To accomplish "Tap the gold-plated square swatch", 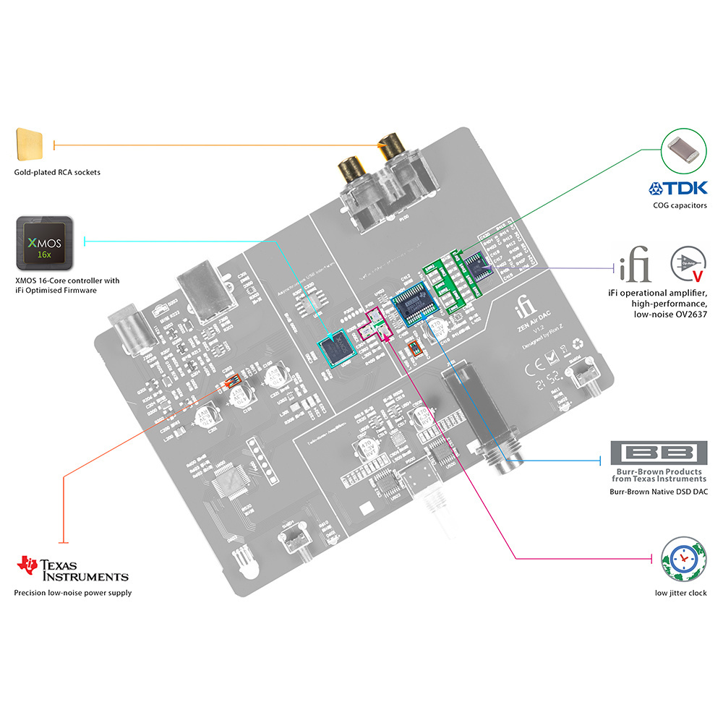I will pyautogui.click(x=29, y=145).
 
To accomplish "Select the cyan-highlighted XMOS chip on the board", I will pyautogui.click(x=336, y=350).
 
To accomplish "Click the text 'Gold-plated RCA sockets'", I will pyautogui.click(x=57, y=173).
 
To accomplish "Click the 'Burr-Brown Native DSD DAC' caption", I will pyautogui.click(x=659, y=492).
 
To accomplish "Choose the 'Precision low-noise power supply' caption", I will pyautogui.click(x=72, y=593).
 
